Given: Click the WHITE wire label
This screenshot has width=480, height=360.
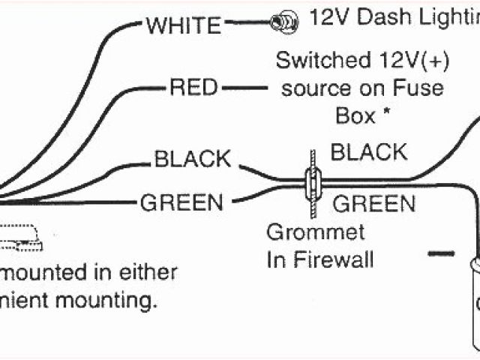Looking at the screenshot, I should pyautogui.click(x=184, y=26).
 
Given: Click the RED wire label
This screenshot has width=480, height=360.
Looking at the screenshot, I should pyautogui.click(x=193, y=88).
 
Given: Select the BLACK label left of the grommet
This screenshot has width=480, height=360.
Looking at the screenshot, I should pyautogui.click(x=193, y=159).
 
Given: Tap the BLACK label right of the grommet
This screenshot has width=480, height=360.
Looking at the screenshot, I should pyautogui.click(x=369, y=152).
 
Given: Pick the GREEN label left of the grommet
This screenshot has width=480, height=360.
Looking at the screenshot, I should pyautogui.click(x=181, y=202).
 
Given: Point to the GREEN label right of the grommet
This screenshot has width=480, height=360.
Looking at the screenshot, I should pyautogui.click(x=373, y=202).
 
